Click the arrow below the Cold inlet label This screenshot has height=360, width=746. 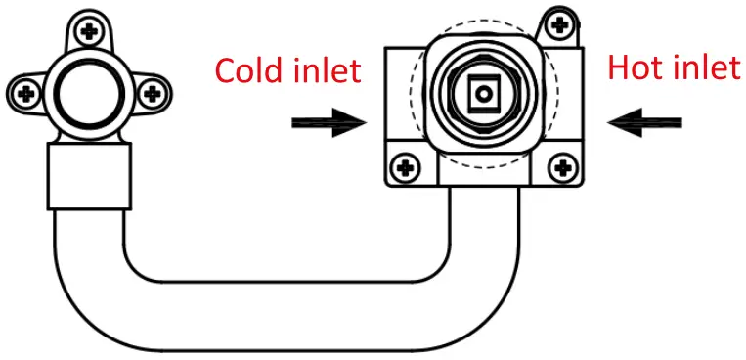coord(328,123)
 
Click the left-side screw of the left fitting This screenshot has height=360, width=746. coord(27,94)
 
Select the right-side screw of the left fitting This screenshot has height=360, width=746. coord(151,94)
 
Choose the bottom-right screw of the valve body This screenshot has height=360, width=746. coord(561,168)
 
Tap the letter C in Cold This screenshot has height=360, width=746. coord(226,70)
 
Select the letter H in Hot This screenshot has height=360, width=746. coord(620,67)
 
